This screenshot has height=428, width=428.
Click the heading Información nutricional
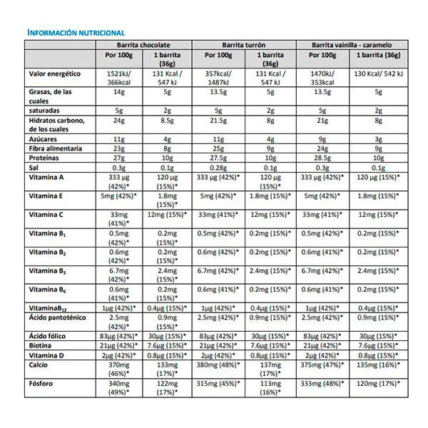75,33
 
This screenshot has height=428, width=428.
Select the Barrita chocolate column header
145,44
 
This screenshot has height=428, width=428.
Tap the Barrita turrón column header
245,44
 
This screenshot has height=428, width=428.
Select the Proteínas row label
45,158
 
